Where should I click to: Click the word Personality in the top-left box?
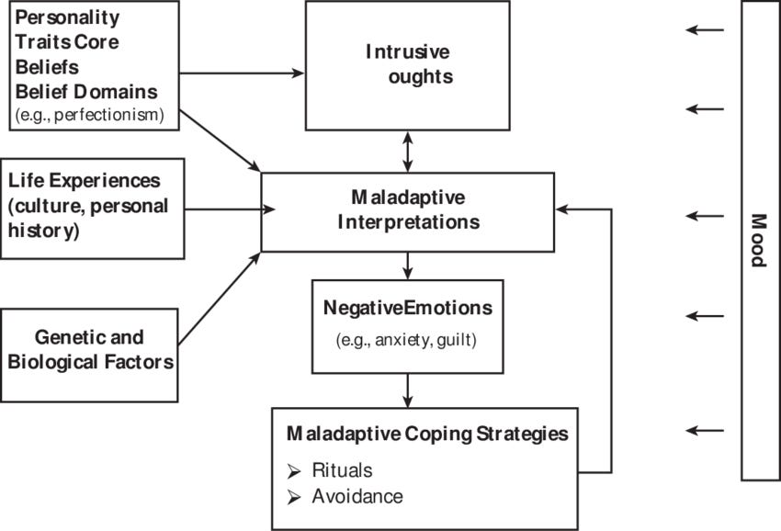[x=66, y=17]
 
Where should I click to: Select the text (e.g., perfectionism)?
[x=89, y=115]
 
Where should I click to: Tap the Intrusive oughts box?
[x=407, y=64]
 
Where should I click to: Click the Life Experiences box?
[x=92, y=205]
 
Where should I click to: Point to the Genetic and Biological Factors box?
[x=90, y=350]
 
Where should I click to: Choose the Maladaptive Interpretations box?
[x=407, y=210]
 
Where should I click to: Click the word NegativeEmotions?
[x=407, y=308]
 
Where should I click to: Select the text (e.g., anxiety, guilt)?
[x=407, y=340]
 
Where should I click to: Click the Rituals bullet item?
[x=341, y=470]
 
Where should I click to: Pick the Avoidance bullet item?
[x=357, y=496]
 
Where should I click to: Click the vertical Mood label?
[x=759, y=240]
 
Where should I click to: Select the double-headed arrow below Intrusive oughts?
[x=407, y=151]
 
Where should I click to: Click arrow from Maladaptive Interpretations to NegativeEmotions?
[x=407, y=265]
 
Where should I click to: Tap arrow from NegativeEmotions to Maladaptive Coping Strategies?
[x=407, y=390]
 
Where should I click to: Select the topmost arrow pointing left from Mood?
[x=705, y=30]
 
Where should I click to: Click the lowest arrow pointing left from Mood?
[x=705, y=430]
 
